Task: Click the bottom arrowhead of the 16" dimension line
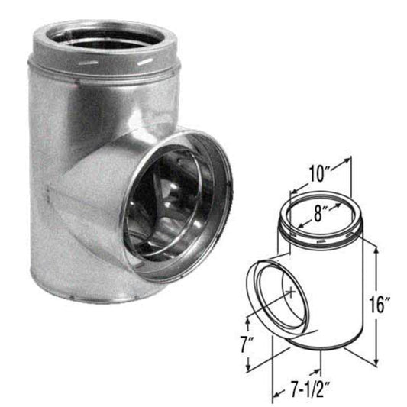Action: (377, 360)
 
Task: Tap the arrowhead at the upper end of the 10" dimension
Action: (350, 161)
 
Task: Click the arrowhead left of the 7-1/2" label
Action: (276, 396)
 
